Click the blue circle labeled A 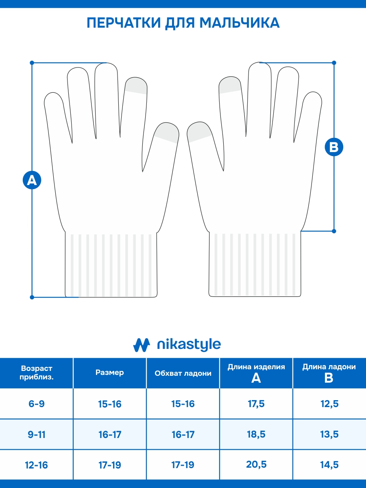click(32, 180)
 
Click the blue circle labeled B click(334, 147)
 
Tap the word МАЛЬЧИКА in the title click(240, 23)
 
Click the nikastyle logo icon click(142, 345)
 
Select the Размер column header click(109, 373)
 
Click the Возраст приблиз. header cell click(37, 373)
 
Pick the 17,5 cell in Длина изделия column click(256, 404)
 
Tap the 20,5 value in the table click(256, 464)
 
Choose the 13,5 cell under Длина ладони click(329, 434)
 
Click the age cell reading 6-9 click(37, 404)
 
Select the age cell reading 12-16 click(37, 465)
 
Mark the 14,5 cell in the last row click(329, 465)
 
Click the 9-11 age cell click(37, 434)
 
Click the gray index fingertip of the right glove click(230, 85)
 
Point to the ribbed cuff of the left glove click(111, 265)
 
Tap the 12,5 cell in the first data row click(329, 404)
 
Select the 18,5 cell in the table click(256, 434)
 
